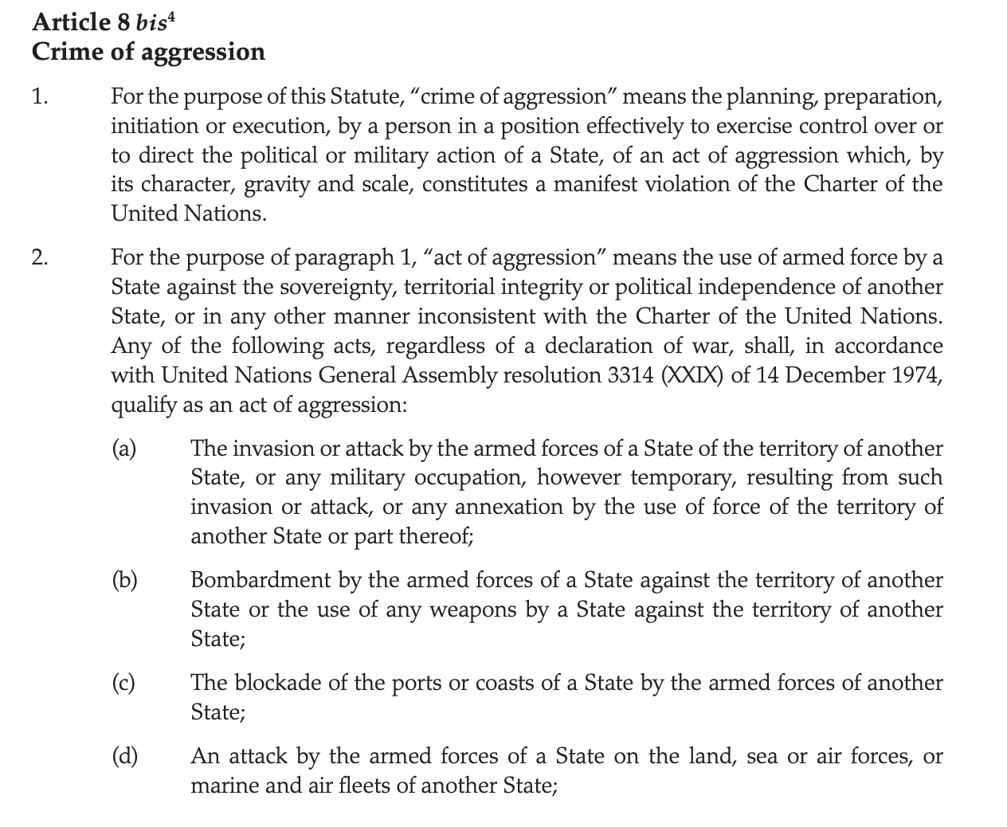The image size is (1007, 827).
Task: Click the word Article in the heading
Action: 71,22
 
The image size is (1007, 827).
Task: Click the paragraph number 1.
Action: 40,97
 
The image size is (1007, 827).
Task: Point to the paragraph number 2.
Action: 40,257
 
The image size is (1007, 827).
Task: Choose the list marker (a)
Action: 123,449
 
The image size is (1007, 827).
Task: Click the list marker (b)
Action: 123,580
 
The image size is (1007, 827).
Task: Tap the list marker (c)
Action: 123,683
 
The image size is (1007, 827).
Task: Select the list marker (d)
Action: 123,756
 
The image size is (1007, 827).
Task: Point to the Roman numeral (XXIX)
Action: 692,375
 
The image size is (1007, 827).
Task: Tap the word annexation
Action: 509,508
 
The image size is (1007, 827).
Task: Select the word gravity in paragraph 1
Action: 276,185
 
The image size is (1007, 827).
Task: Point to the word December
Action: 831,375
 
